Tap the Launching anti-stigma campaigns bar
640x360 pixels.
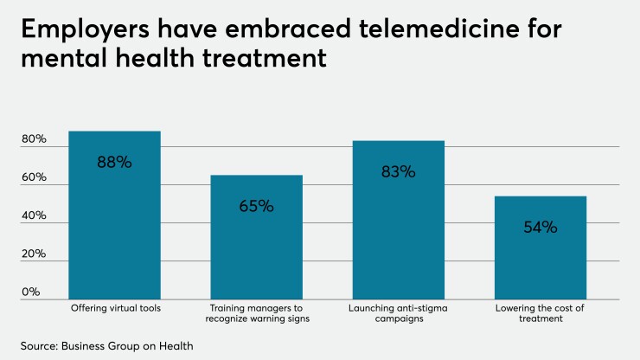(399, 220)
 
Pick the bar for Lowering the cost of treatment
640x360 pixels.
(541, 247)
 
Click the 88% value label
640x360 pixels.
(114, 162)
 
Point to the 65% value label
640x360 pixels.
(257, 206)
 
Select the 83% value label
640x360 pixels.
(399, 171)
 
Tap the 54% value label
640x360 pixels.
(541, 228)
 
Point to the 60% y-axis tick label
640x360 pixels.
(34, 178)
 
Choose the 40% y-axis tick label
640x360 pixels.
(34, 216)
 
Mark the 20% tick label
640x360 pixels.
(34, 254)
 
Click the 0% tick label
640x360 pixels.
(31, 292)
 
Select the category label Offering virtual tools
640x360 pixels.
(114, 307)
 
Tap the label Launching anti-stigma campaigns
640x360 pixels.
(399, 312)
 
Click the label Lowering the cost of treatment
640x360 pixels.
(541, 312)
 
